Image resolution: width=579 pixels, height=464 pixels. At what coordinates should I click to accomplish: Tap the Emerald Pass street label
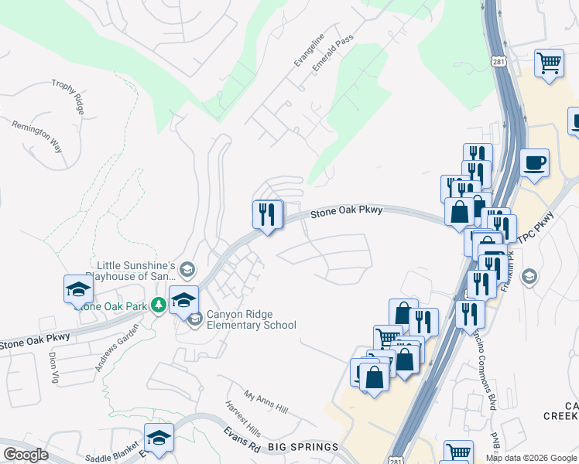tap(327, 55)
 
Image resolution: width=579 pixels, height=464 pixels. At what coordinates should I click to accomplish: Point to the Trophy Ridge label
tap(67, 97)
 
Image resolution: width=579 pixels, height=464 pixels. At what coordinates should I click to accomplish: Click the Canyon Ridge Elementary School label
tap(252, 320)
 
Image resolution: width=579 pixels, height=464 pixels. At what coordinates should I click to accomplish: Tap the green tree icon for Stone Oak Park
tap(159, 305)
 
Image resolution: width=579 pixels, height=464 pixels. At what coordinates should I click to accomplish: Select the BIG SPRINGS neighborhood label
tap(303, 447)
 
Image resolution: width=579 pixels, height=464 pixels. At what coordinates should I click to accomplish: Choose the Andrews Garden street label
tap(117, 347)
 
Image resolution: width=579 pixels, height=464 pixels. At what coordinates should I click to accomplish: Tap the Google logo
tap(26, 455)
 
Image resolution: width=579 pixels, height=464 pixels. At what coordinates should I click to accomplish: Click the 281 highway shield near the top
tap(499, 60)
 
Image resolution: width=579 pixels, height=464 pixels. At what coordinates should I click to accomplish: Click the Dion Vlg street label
tap(54, 364)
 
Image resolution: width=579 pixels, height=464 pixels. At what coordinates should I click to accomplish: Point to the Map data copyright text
tap(531, 458)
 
